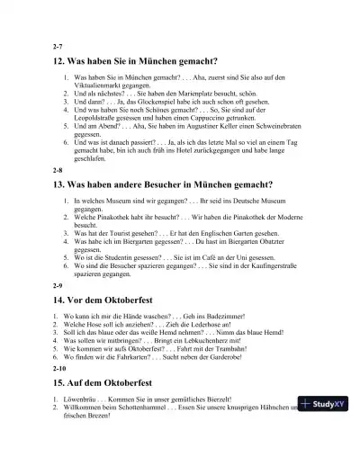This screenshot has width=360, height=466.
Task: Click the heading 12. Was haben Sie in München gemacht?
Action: (x=136, y=61)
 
